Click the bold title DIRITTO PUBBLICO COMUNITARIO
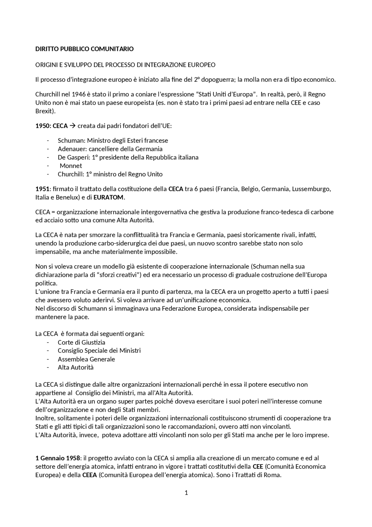point(84,49)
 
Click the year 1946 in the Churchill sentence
point(78,94)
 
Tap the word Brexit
point(44,111)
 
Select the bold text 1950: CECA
point(51,126)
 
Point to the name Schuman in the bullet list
point(71,141)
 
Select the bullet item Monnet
point(71,166)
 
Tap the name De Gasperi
point(73,157)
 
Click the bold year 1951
point(42,189)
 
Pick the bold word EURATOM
point(108,197)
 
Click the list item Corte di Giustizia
point(81,343)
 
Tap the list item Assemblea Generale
point(86,359)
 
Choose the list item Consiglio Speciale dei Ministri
point(99,351)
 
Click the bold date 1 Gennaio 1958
point(58,458)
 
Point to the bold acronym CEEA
point(89,475)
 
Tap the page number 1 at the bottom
point(186,493)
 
